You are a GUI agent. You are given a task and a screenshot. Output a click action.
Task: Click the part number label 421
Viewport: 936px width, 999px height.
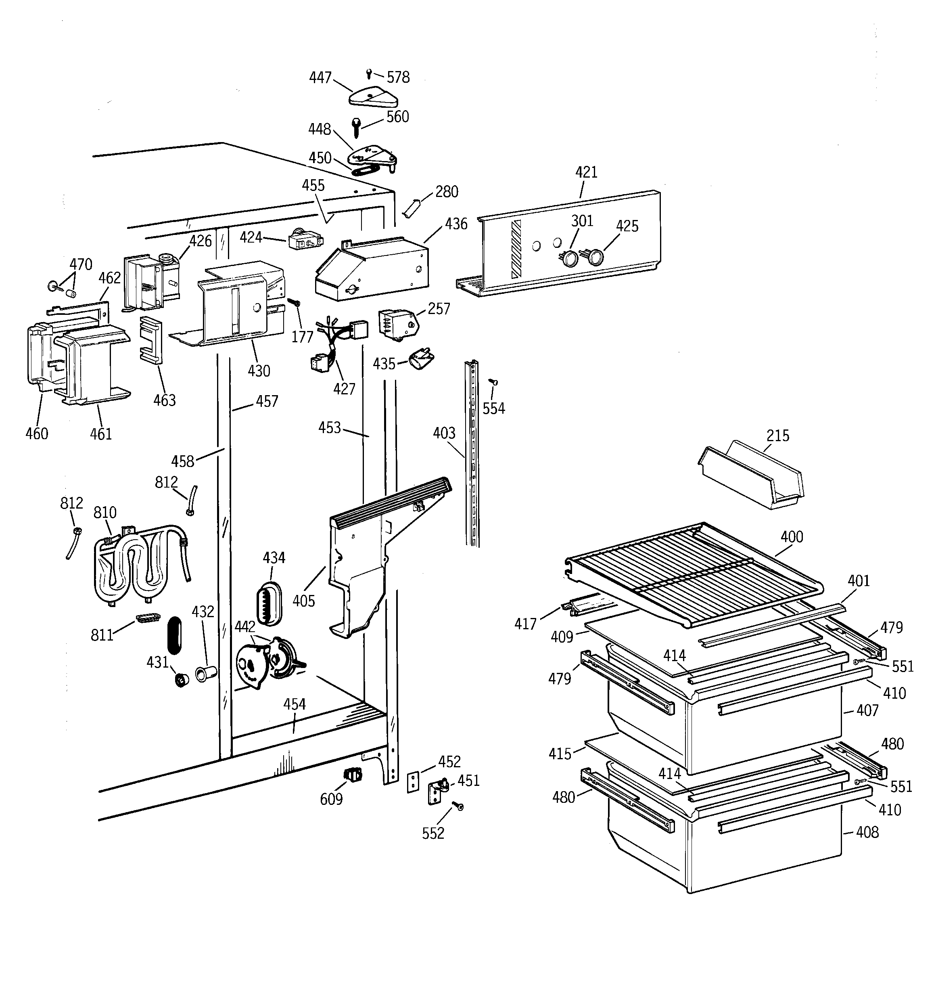click(586, 172)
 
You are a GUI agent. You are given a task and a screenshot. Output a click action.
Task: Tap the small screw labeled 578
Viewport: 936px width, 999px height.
click(369, 74)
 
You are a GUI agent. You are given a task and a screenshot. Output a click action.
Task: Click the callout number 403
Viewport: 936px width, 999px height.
click(444, 433)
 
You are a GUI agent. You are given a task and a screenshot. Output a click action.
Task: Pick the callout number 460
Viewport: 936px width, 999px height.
click(37, 433)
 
